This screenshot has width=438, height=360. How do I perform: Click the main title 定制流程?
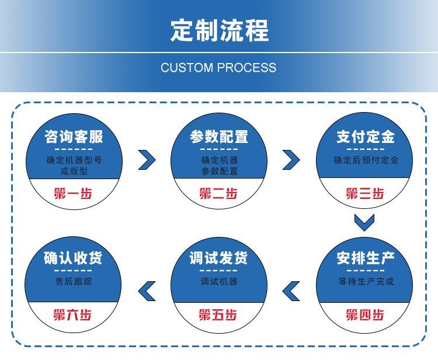[219, 30]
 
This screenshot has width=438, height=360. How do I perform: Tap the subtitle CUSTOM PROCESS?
[218, 68]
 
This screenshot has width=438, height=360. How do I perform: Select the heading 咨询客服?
[74, 137]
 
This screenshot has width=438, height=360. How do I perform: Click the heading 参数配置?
[219, 137]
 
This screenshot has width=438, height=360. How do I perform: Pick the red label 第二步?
[218, 193]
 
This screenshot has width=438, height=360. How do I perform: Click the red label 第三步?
[365, 193]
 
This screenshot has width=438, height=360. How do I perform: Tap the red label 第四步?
[365, 315]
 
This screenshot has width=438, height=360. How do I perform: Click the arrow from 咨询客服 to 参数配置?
[147, 159]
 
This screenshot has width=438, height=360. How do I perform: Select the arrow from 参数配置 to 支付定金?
[291, 159]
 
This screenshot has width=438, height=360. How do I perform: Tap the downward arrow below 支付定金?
[364, 222]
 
